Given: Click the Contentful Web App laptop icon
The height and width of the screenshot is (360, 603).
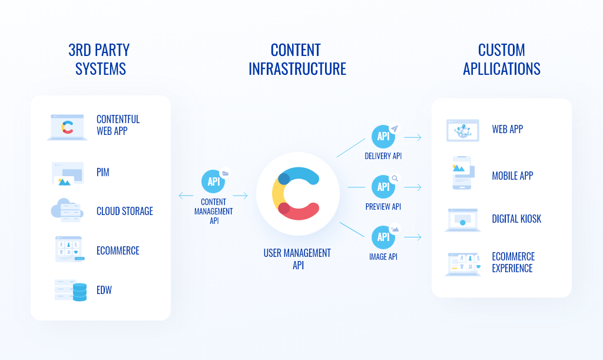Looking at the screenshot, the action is point(67,127).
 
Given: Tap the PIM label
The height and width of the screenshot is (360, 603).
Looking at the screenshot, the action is point(102,172).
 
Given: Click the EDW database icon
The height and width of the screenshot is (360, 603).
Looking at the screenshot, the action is point(71,290).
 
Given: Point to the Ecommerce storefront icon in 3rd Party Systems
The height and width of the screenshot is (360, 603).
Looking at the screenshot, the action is point(69,249).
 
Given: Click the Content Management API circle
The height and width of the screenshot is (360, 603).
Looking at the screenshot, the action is point(213,181).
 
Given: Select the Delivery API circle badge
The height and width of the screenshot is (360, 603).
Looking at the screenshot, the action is point(383,136).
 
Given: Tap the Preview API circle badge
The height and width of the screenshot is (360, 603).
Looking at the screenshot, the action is point(383,187).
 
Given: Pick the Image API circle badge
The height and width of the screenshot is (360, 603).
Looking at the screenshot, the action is point(383,237).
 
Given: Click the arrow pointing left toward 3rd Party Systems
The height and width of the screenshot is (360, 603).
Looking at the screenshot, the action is point(186,196).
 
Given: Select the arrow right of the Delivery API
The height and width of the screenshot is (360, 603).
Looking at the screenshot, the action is point(413,137).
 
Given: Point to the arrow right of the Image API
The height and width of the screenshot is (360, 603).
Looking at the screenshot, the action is point(413,237).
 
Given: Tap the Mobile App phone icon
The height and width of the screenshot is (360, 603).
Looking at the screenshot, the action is point(463,173).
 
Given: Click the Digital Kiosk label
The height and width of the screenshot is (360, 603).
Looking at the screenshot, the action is point(516,219).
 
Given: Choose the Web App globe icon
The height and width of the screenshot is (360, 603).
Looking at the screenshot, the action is point(463,130).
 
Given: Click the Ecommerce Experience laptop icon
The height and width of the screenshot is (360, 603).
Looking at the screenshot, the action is point(463,264).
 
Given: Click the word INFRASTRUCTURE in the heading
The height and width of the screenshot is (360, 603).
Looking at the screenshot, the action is point(297,69).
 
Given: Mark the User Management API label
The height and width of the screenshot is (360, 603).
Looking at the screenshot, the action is point(297,259).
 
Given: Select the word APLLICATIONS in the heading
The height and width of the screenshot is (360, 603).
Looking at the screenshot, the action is point(502,69).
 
